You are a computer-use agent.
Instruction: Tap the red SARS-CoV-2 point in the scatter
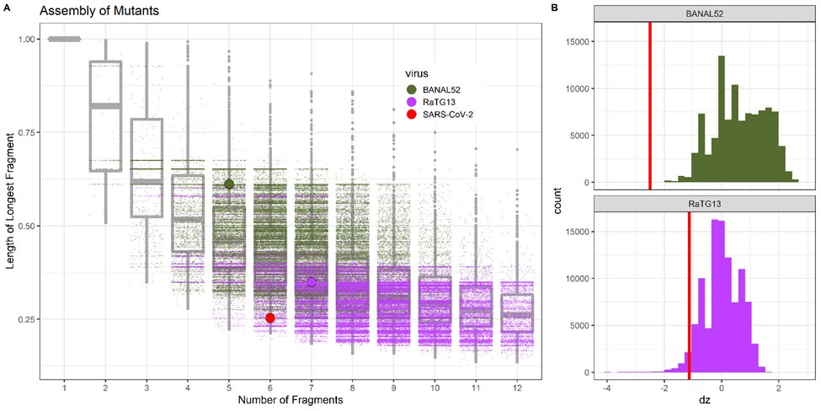(x=270, y=318)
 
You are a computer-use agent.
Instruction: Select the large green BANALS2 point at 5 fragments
(x=229, y=184)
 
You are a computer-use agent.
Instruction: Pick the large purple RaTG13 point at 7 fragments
(x=312, y=282)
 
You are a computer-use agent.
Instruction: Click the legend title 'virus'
(x=418, y=73)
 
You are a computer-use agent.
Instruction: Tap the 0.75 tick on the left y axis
(x=27, y=132)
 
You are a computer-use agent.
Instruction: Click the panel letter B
(x=553, y=8)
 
